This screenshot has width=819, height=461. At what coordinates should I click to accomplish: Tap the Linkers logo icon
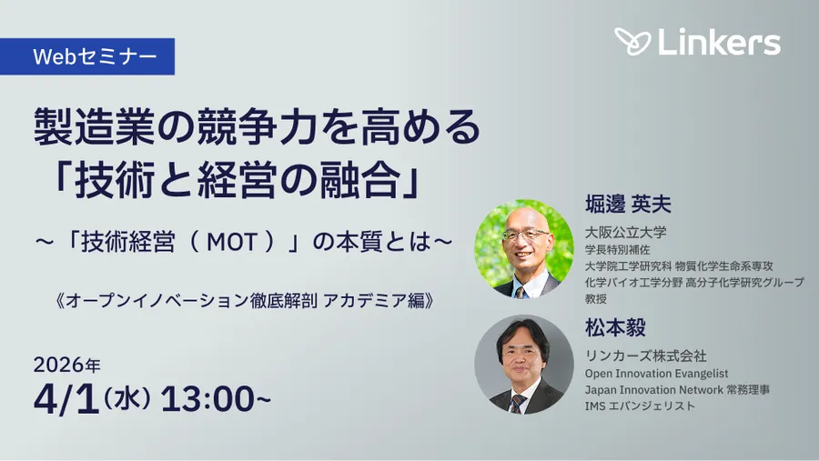coord(632,42)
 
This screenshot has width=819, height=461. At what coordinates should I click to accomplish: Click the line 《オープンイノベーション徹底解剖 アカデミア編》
coord(243,300)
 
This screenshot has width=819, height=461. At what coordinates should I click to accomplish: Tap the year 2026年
coord(67,365)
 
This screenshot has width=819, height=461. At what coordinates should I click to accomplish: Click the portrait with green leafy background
coord(524,248)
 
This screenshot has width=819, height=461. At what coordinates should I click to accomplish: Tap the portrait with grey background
coord(524,365)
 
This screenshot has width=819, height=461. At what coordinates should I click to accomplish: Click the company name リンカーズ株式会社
coord(645,356)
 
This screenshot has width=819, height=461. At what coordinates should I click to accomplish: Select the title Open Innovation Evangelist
coord(656,373)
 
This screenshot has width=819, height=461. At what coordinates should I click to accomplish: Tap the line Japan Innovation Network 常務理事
coord(677,389)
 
